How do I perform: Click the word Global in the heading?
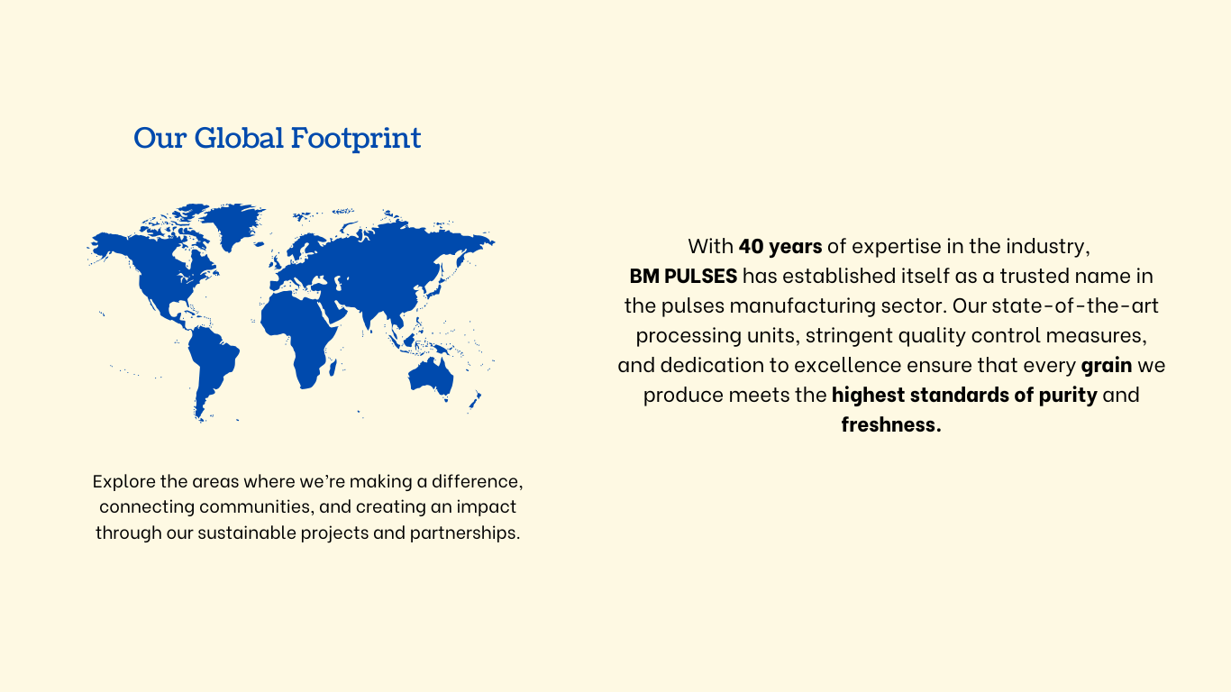point(239,138)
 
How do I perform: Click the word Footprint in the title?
point(356,139)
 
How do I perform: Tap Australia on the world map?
point(432,377)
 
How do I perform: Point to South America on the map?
point(212,366)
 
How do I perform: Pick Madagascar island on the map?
point(333,368)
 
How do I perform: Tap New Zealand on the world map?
point(475,401)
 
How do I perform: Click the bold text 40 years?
point(780,247)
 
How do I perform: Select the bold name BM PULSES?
point(683,276)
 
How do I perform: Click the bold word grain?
point(1107,366)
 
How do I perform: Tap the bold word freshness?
point(891,424)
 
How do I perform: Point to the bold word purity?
point(1068,396)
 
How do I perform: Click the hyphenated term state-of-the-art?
point(1075,305)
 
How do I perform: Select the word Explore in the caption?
point(124,482)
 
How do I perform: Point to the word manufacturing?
point(802,306)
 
